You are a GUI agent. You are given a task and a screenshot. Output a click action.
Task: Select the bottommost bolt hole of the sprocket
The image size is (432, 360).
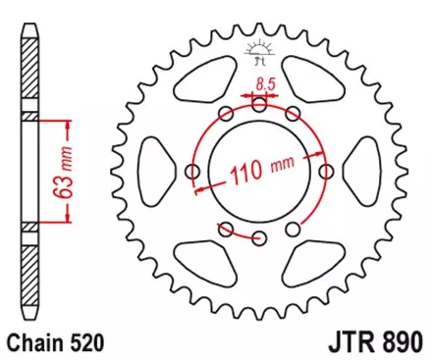(260, 238)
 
